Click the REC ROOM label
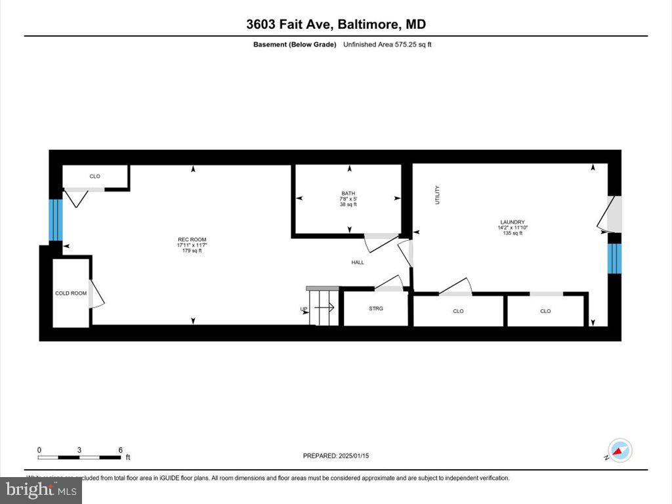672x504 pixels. point(192,240)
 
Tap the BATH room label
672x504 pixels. point(348,193)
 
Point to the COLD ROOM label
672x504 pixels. point(70,293)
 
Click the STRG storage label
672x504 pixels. point(376,308)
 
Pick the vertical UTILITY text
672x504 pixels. point(437,196)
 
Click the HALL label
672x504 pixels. point(358,262)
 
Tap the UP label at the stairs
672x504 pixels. point(304,309)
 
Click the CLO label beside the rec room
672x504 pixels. point(94,177)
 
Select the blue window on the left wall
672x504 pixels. point(55,220)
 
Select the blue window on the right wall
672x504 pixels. point(614,259)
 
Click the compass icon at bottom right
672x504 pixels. point(619,450)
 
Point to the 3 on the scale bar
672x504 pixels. point(79,450)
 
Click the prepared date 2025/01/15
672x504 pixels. point(358,455)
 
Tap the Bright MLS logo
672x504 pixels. point(41,489)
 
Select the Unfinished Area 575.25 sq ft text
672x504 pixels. point(387,45)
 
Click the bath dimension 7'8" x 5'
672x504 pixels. point(348,199)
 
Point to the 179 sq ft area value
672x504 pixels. point(192,251)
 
